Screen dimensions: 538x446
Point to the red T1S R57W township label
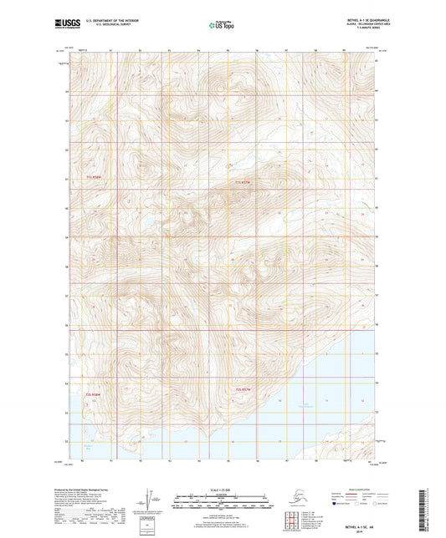click(242, 183)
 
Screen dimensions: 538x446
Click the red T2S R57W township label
click(244, 390)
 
